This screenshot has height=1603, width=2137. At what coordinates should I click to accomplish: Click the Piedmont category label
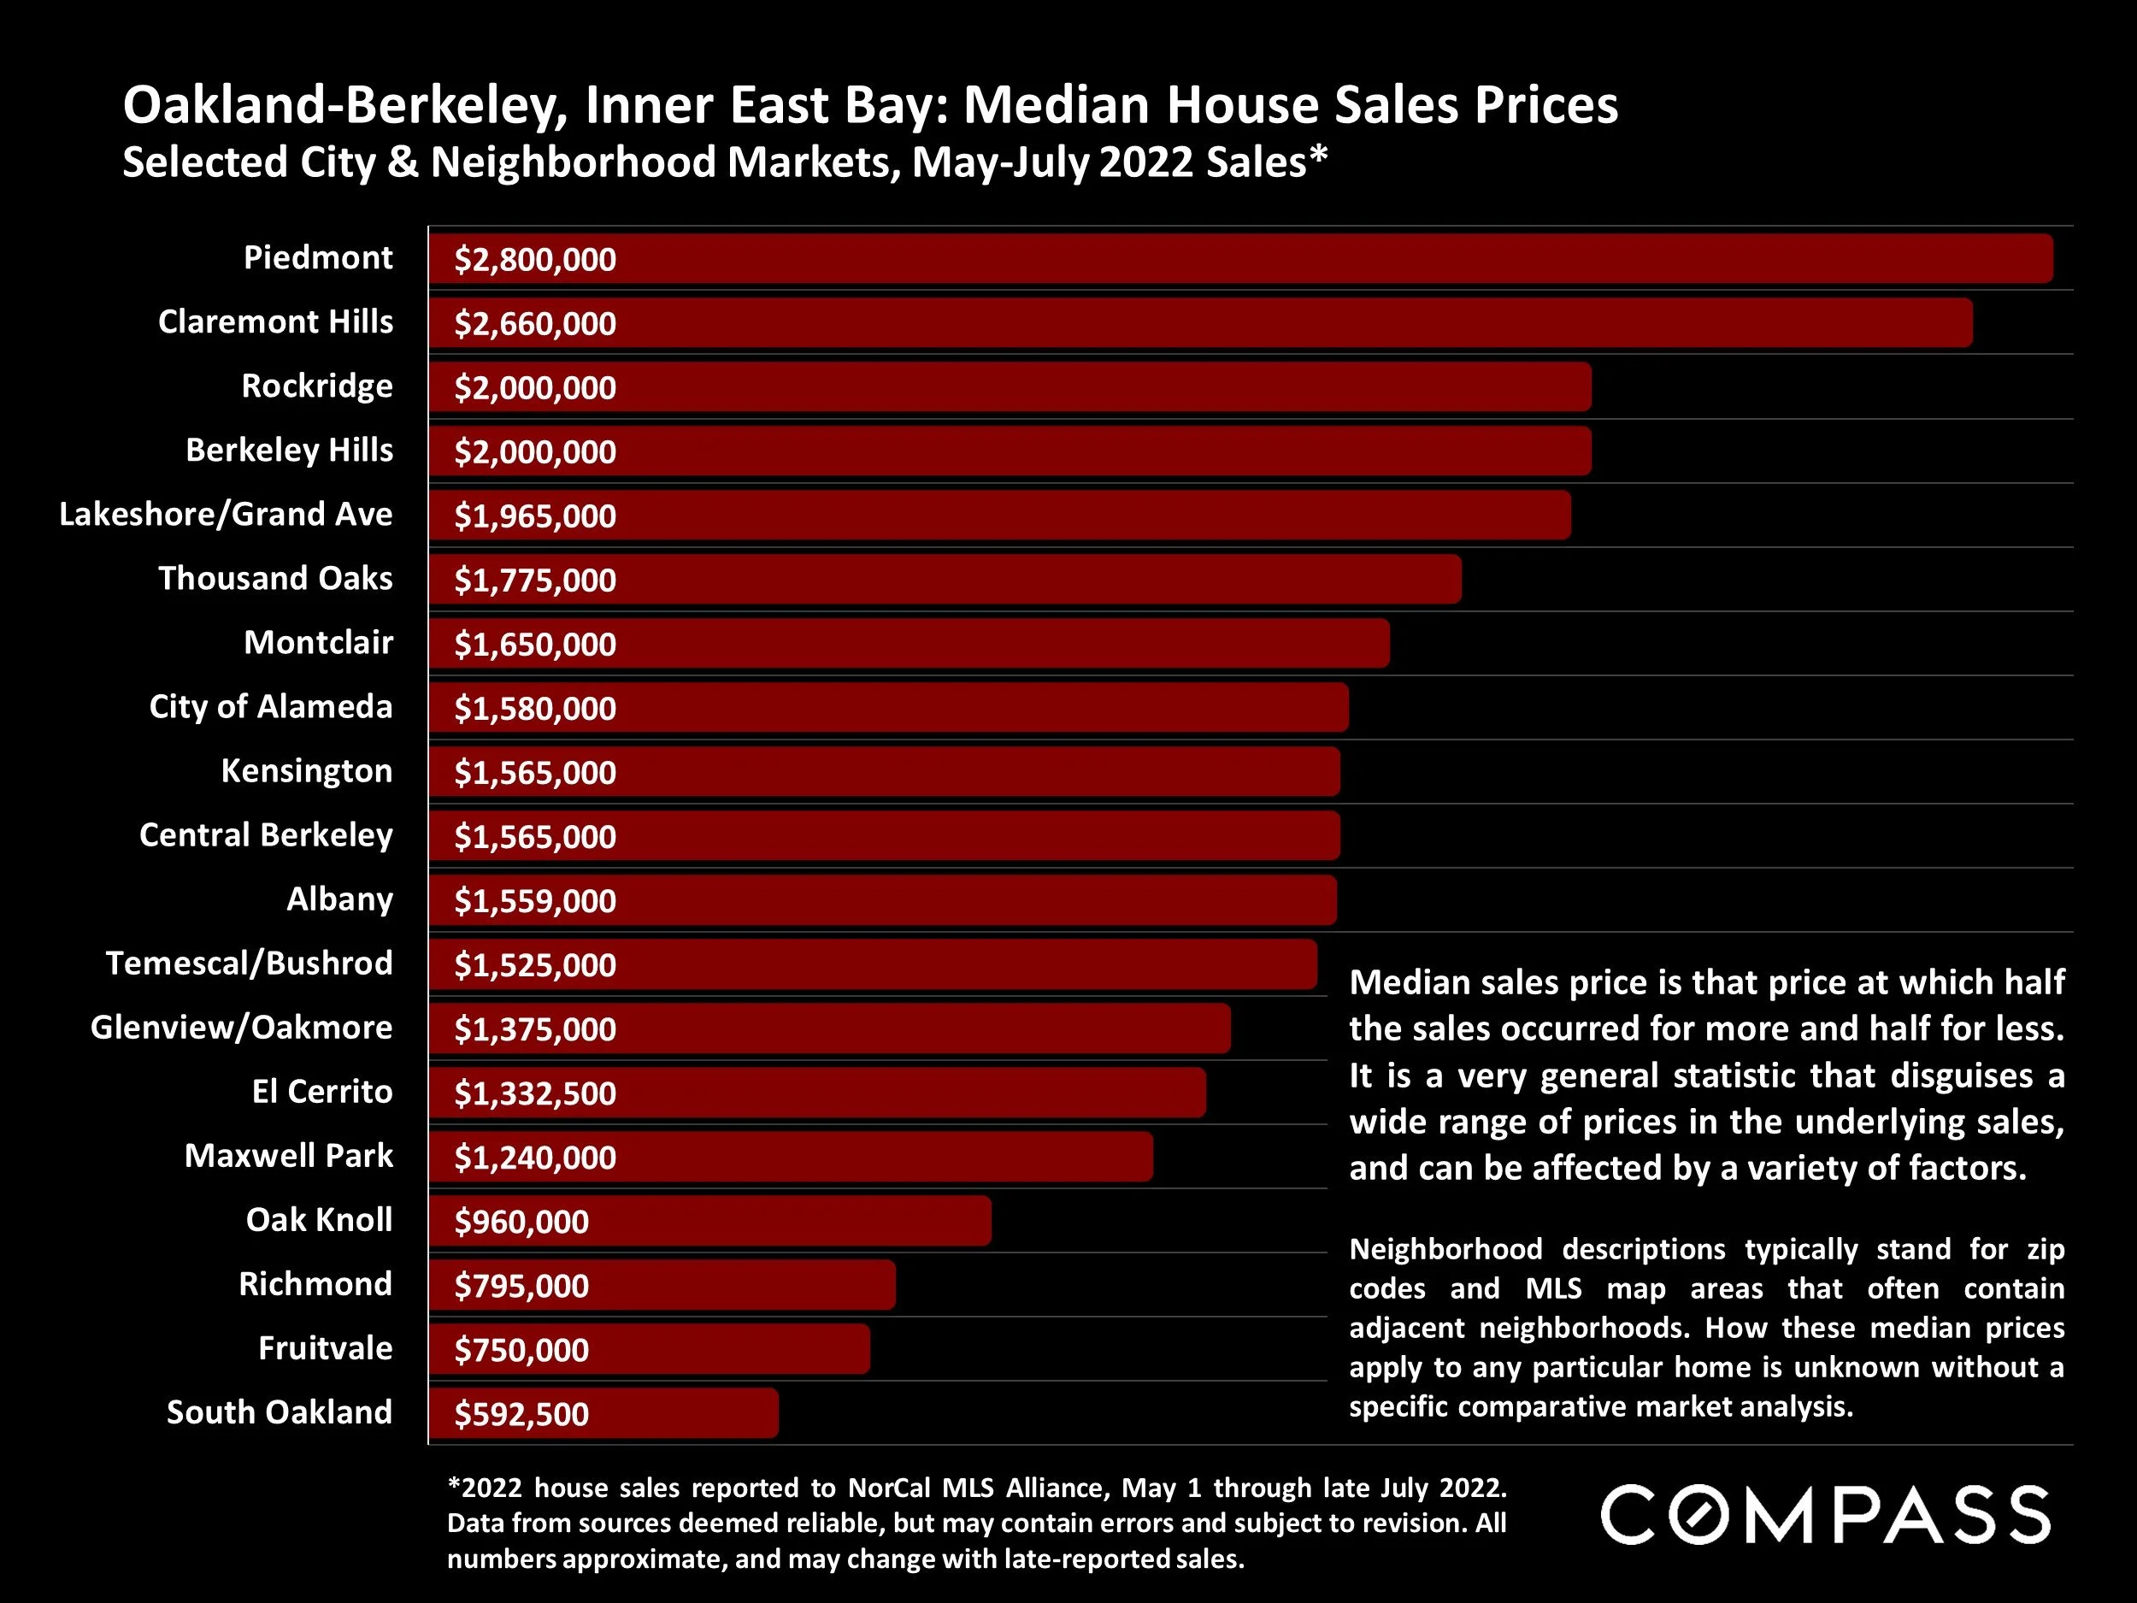[x=318, y=258]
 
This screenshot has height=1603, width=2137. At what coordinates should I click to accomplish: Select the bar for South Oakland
[x=603, y=1413]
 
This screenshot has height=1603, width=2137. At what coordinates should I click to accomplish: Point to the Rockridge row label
[x=317, y=386]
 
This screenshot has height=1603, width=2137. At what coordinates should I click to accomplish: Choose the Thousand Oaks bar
[x=944, y=580]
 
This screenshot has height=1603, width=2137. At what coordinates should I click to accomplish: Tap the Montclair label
[x=318, y=643]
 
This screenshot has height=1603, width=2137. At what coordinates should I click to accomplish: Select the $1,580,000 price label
[x=534, y=708]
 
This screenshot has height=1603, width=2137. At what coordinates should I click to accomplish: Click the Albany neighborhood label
[x=339, y=899]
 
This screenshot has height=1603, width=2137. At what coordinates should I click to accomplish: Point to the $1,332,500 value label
[x=534, y=1093]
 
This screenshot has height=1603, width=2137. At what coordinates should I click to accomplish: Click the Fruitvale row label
[x=325, y=1348]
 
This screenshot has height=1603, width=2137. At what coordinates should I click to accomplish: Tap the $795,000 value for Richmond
[x=521, y=1286]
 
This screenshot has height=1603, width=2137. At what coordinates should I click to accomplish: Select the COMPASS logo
[x=1825, y=1515]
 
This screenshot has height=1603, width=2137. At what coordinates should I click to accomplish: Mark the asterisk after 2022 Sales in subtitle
[x=1319, y=156]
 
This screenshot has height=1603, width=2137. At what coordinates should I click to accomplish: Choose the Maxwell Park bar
[x=791, y=1158]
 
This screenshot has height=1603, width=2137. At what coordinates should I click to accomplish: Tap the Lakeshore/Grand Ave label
[x=226, y=514]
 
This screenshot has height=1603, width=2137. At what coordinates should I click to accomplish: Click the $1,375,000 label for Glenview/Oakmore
[x=534, y=1029]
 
